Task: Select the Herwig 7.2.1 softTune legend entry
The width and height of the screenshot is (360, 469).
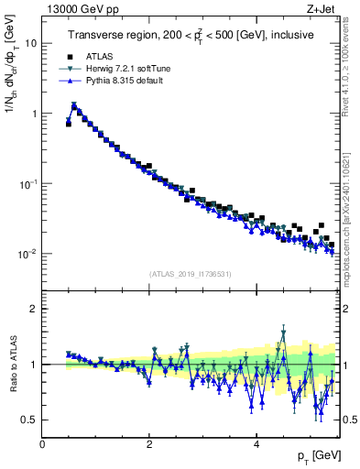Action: (x=123, y=69)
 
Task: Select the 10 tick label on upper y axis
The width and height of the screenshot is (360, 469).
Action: (x=29, y=43)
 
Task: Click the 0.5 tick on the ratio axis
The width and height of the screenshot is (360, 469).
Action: (x=29, y=420)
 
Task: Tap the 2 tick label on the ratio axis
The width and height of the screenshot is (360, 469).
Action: (x=35, y=309)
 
